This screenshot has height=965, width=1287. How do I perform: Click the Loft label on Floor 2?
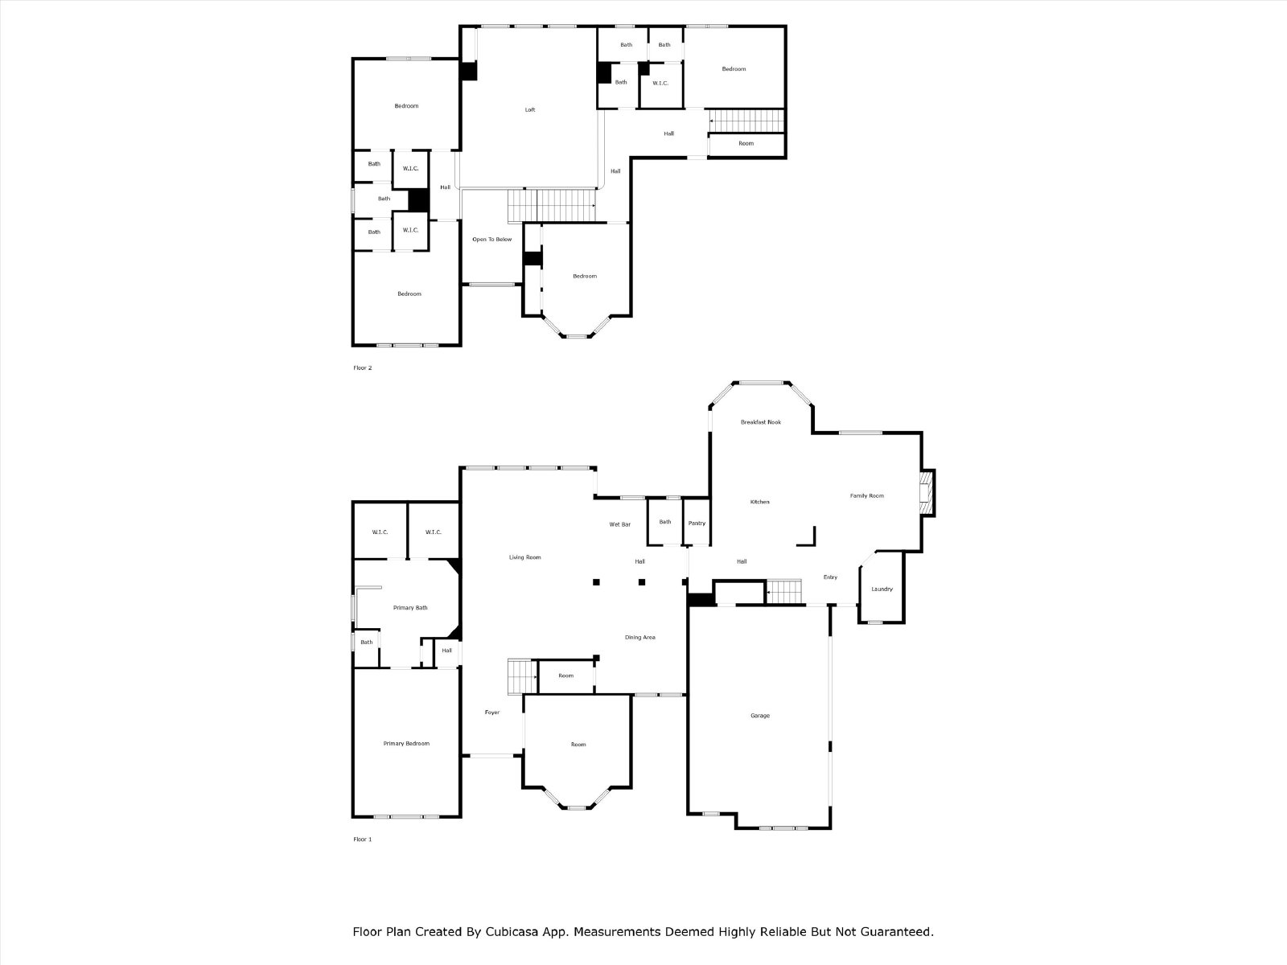(529, 109)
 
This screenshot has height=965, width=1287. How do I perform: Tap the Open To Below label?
(492, 239)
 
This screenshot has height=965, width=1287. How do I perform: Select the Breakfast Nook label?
(760, 422)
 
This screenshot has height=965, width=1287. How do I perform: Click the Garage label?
(760, 716)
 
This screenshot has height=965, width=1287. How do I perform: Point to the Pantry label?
(697, 524)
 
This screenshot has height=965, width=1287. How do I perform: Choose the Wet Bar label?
(619, 524)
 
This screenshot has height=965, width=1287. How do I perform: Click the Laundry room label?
(882, 589)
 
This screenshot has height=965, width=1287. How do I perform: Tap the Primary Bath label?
(410, 608)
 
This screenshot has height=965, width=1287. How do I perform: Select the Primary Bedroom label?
(406, 744)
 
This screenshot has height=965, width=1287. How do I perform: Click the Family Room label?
(866, 495)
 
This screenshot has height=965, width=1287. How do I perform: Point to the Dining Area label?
(639, 637)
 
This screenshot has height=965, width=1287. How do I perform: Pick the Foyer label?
(492, 712)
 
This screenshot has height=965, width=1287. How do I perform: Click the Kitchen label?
(760, 502)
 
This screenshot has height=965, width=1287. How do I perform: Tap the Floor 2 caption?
(362, 368)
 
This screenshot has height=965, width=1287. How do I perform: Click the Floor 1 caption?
(362, 839)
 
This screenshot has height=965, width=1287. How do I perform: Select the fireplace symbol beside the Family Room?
(927, 493)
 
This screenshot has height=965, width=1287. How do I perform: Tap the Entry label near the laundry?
(830, 577)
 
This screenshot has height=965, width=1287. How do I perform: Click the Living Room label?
(524, 557)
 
